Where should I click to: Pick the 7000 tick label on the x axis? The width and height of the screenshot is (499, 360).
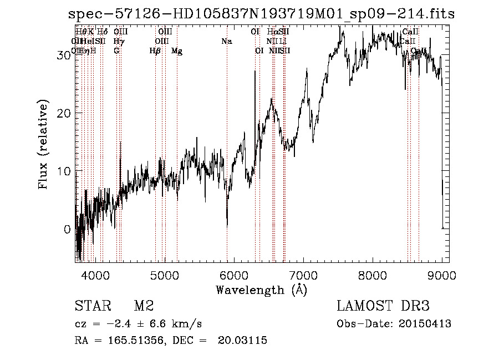tap(303, 275)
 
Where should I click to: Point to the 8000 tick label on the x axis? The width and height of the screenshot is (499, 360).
tap(373, 275)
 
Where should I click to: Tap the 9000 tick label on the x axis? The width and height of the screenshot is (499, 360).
tap(442, 275)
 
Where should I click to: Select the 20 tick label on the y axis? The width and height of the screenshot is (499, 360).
tap(63, 113)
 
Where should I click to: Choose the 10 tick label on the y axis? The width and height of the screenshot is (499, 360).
tap(63, 171)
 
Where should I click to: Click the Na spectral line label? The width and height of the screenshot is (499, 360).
tap(226, 41)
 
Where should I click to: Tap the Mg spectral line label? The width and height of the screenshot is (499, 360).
tap(177, 51)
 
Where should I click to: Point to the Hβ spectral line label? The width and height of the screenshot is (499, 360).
tap(155, 51)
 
